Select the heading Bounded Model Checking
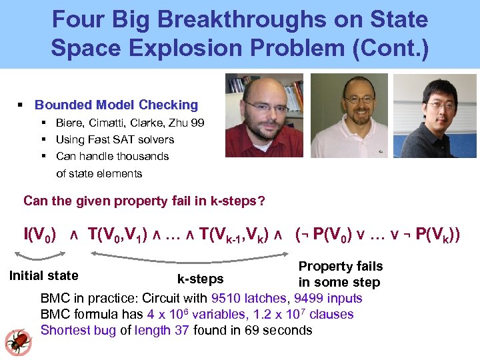(116, 105)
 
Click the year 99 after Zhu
(197, 123)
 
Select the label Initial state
(43, 275)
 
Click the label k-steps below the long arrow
(200, 279)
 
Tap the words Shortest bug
(78, 330)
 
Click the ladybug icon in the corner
(17, 341)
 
